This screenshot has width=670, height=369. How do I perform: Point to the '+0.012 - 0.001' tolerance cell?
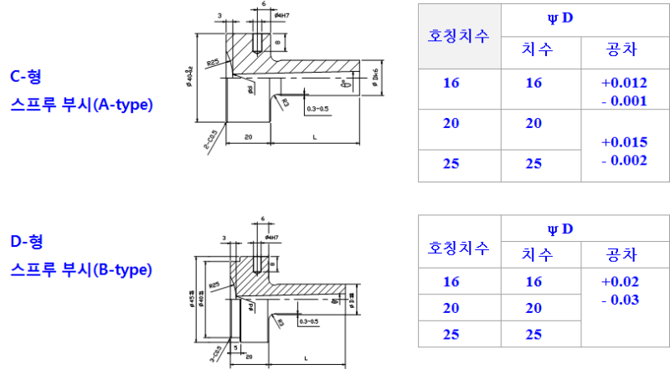coord(623,91)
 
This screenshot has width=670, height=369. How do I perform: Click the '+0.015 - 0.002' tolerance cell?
coord(623,151)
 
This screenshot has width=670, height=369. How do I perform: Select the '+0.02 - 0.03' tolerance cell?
coord(623,290)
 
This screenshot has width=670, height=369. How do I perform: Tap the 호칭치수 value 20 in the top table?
coord(451,123)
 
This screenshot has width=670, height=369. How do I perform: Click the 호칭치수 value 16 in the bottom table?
coord(451,282)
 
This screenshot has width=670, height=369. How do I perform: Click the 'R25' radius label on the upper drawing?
coord(214,62)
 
